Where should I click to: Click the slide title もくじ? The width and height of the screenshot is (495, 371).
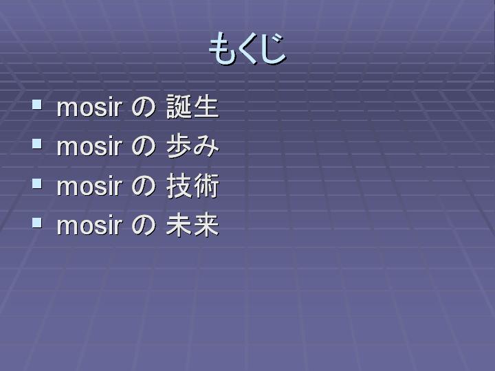247,49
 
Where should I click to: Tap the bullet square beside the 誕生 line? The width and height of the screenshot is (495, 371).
37,104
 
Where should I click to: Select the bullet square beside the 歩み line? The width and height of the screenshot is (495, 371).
37,144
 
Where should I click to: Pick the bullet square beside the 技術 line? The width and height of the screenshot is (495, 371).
37,183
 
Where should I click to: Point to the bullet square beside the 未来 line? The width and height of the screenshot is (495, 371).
37,223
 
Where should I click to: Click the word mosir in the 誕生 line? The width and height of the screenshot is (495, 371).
89,107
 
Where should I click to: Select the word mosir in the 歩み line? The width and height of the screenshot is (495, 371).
89,147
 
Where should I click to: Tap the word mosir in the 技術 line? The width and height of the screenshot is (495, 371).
89,186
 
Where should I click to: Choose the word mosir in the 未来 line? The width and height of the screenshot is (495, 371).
89,225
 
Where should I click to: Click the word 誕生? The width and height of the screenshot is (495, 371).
192,106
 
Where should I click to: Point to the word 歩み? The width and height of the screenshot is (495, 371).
192,146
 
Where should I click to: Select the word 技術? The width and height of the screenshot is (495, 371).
192,185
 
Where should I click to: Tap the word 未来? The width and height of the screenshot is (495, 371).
192,225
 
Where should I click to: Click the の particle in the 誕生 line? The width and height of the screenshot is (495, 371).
143,107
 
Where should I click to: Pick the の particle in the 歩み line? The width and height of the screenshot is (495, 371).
143,147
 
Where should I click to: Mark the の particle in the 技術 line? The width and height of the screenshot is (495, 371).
143,186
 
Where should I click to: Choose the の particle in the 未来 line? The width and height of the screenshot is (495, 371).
143,225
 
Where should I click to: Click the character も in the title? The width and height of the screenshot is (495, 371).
221,49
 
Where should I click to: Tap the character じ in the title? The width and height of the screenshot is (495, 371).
274,49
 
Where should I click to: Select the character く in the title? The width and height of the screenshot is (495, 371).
248,49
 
